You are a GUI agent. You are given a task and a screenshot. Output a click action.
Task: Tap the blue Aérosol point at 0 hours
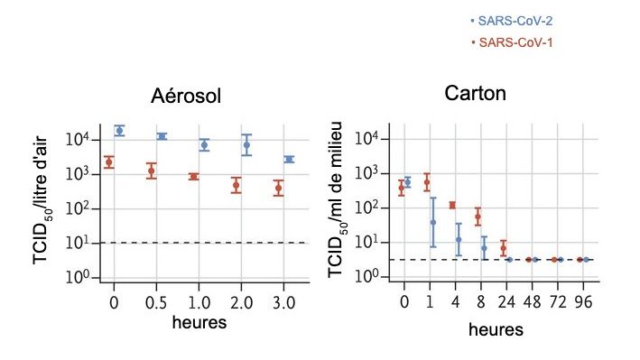point(119,131)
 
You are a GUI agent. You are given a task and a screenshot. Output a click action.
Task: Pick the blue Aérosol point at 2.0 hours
point(246,144)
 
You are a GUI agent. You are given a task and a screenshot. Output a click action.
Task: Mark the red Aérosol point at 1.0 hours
point(193,177)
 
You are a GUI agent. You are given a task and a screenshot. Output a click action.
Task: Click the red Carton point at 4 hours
point(452,205)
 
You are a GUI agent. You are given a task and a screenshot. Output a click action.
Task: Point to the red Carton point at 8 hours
point(478,217)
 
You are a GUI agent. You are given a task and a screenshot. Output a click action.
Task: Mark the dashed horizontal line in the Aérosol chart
point(199,243)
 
